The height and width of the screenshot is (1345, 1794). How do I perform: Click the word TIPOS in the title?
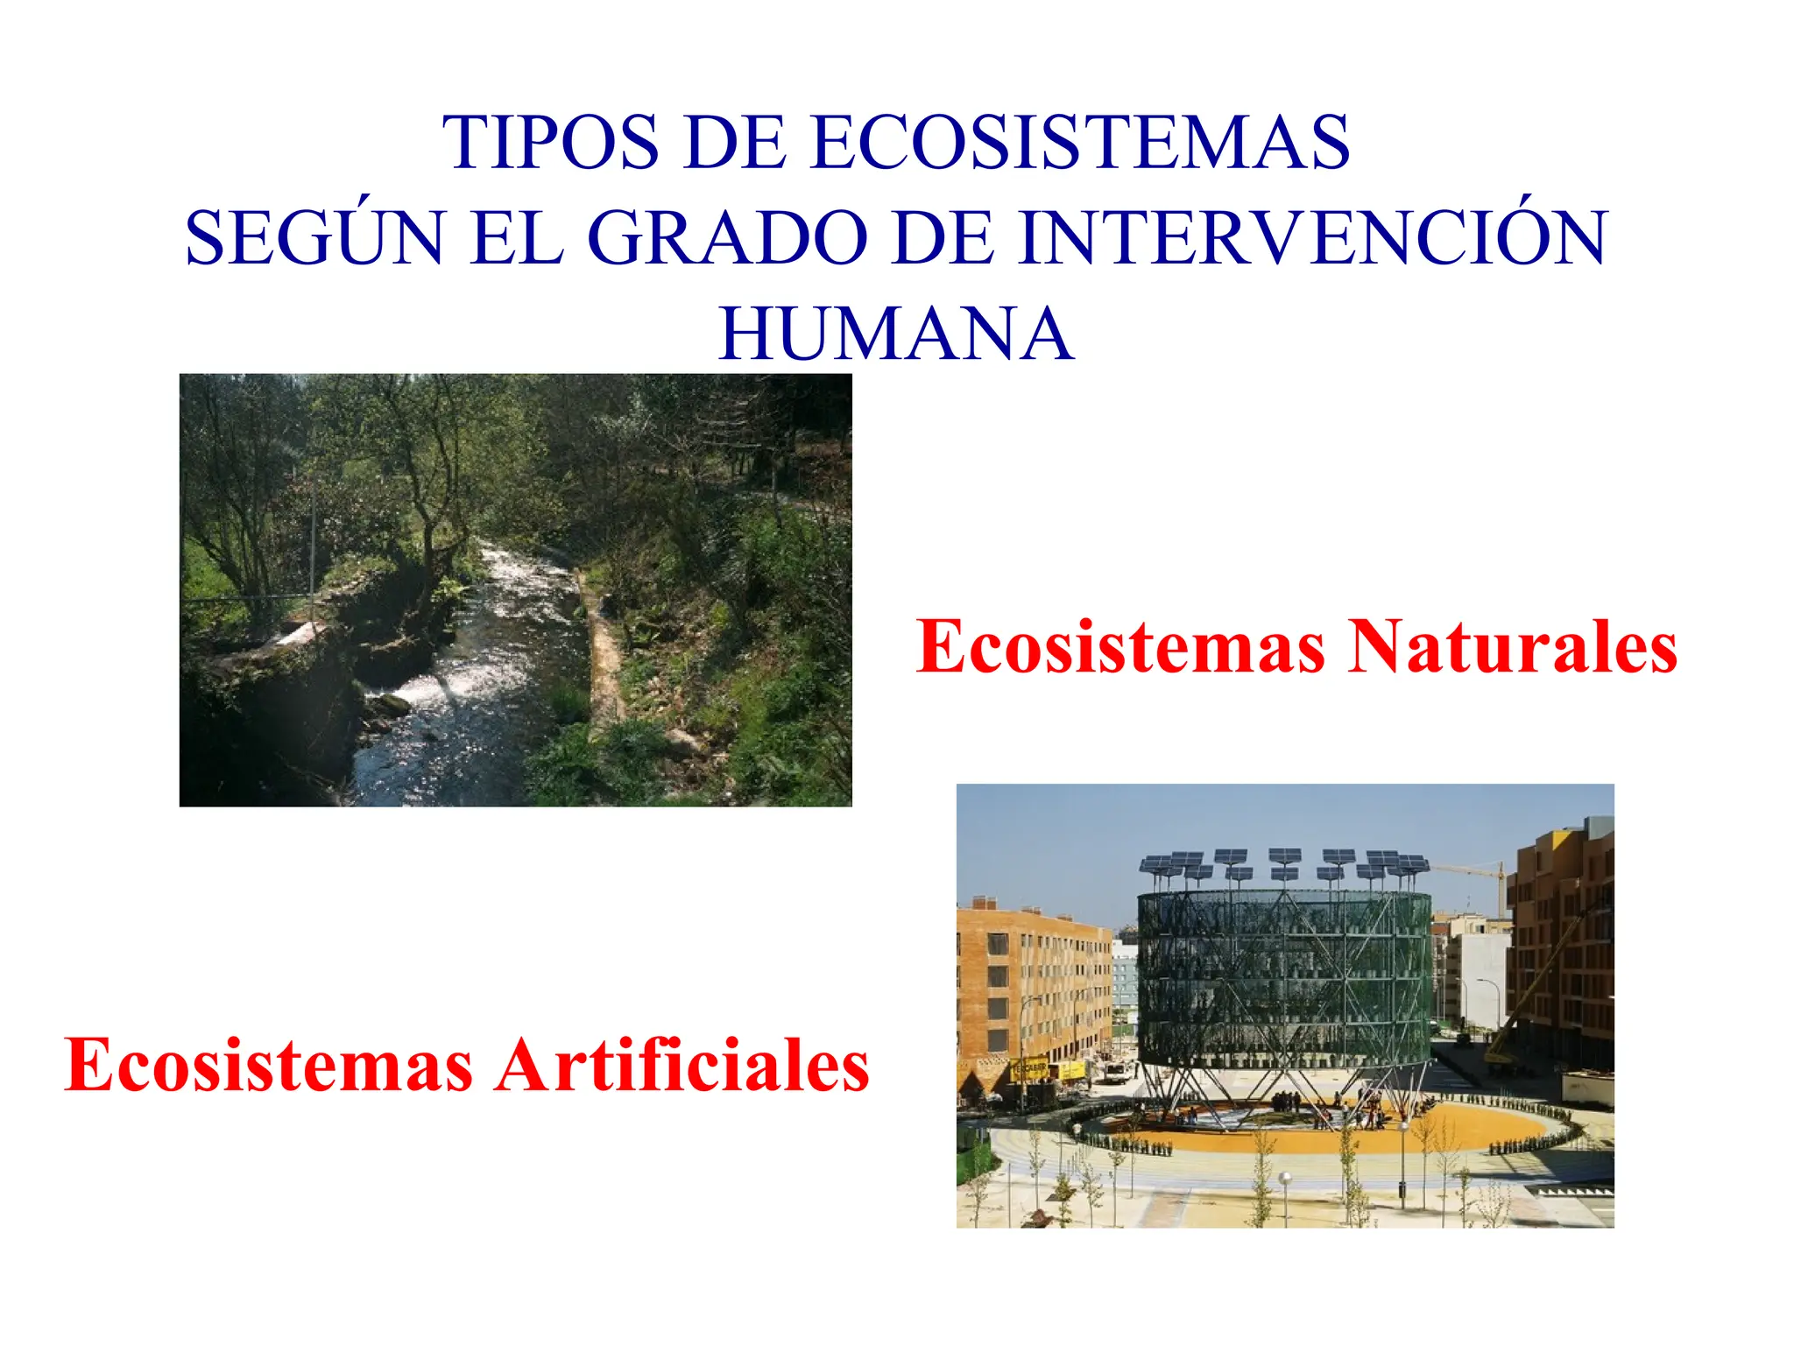point(549,142)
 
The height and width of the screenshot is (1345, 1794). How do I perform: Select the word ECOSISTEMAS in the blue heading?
point(1080,142)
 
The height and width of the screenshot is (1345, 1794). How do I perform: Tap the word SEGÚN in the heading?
point(314,238)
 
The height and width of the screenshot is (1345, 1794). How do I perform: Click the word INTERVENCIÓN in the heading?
point(1313,238)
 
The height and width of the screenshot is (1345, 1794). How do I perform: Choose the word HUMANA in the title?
point(896,334)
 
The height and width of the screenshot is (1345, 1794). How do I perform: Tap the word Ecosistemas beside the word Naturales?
point(1120,647)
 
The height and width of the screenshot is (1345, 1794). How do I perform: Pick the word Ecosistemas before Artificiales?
point(269,1066)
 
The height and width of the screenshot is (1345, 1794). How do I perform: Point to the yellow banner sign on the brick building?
point(1030,1069)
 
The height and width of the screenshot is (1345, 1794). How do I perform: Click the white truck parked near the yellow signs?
point(1114,1072)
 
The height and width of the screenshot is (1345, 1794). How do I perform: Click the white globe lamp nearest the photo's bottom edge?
point(1285,1179)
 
